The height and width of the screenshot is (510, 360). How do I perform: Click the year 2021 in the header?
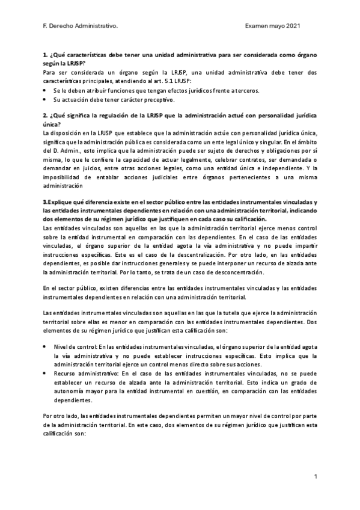coord(291,26)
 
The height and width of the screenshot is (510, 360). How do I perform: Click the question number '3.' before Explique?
coord(46,201)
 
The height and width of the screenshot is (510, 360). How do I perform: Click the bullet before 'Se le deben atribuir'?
coord(46,90)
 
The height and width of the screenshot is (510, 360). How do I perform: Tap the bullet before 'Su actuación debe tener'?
coord(46,99)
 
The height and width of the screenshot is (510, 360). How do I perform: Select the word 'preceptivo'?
coord(157,99)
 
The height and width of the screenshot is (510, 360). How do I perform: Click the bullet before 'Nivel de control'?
coord(46,347)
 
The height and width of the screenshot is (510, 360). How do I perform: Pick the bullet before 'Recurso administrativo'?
coord(46,373)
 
